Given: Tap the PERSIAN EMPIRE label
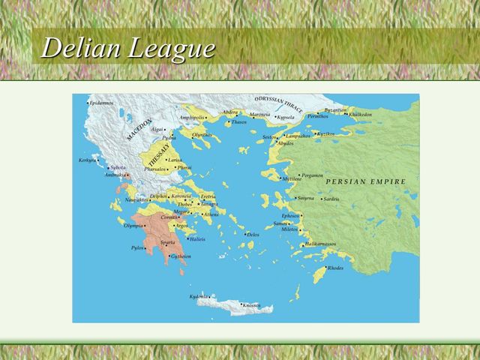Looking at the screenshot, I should coord(365,181).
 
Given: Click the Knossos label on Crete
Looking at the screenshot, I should coord(250,305).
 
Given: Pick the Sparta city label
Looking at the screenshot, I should coord(168,243).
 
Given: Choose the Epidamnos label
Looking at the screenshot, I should coord(102,103).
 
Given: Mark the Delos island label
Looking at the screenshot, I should coord(253,235).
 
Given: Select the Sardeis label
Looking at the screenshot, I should coord(331,199).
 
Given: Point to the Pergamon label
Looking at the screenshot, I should coord(312,175).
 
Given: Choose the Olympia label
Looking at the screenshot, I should coord(133,225).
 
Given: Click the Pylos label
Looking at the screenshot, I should coord(136,247).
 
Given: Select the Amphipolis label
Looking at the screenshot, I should coord(191,118).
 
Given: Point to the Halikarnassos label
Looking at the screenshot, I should coord(321,244).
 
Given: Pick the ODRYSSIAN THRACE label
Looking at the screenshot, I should coord(278,104).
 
